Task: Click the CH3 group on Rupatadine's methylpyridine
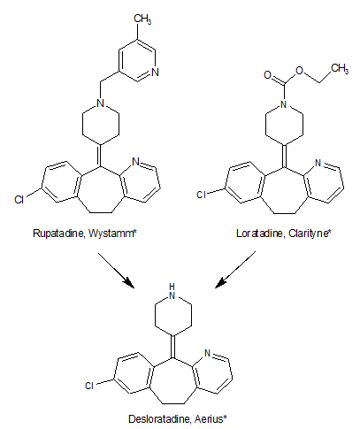(142, 19)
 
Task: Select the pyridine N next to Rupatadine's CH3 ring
(155, 73)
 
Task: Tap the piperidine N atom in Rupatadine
(101, 103)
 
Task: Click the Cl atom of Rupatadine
(19, 200)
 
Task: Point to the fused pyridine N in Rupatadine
(135, 162)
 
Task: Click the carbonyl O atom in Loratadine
(267, 75)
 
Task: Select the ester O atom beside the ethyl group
(300, 71)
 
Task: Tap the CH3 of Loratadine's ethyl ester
(340, 69)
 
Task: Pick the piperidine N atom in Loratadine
(284, 104)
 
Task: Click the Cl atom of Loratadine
(202, 195)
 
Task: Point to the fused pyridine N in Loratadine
(318, 163)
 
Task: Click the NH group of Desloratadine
(172, 291)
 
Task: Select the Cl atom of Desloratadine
(89, 386)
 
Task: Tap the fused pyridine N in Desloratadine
(208, 353)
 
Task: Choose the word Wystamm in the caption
(111, 234)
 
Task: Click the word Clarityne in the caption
(309, 234)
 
